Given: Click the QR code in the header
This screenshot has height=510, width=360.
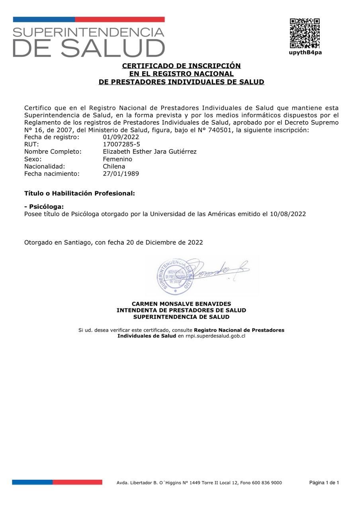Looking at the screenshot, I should (x=305, y=33).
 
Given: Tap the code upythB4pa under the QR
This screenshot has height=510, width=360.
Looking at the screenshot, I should (x=305, y=53).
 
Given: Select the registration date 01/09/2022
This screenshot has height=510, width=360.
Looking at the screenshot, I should (x=121, y=137).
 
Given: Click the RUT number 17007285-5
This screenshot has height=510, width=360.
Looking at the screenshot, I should (x=121, y=144).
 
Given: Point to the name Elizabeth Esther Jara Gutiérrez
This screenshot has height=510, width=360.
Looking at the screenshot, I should (x=149, y=151).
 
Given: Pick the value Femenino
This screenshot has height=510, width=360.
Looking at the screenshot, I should (x=117, y=159).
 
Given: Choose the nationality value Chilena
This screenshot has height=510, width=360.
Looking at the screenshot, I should (x=114, y=166).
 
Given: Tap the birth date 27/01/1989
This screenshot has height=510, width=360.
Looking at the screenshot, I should (x=121, y=174).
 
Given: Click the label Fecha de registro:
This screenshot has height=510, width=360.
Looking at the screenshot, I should (x=52, y=137).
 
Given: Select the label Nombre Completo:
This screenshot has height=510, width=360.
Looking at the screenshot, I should (x=53, y=151).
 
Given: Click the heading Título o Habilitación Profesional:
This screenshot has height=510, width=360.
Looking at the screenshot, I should (x=80, y=193).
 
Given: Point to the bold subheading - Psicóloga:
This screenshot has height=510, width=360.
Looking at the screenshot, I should (x=44, y=206).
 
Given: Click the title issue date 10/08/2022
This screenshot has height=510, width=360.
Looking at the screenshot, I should (x=288, y=214).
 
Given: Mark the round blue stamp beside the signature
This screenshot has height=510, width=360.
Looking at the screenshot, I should (x=175, y=276).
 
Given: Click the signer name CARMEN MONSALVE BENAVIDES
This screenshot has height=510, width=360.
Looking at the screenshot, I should (x=181, y=304).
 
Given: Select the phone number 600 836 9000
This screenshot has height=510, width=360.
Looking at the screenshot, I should (x=267, y=483).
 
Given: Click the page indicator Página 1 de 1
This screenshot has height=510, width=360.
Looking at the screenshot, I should (x=324, y=483).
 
